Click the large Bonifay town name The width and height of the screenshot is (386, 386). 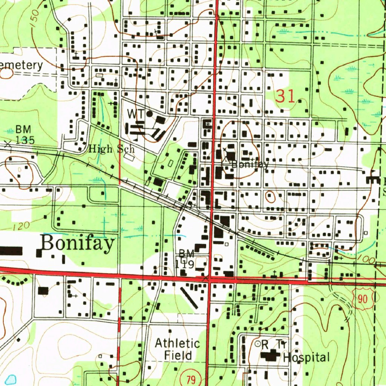[78, 244]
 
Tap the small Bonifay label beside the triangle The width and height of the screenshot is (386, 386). [250, 164]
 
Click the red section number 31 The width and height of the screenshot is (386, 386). [285, 97]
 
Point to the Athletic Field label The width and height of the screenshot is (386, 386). [178, 349]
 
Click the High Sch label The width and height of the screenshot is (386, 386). [111, 149]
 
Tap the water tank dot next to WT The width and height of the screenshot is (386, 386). [149, 113]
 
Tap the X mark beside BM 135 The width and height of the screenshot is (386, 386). [8, 144]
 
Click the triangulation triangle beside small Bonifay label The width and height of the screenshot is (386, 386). [225, 160]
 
